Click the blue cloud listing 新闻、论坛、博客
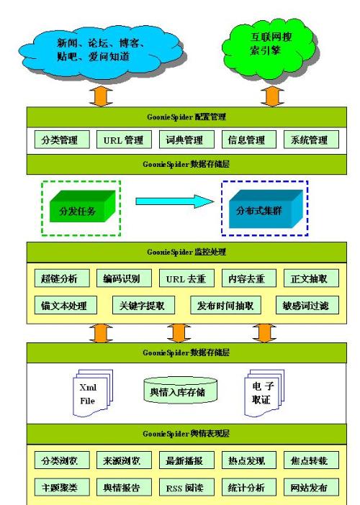102,52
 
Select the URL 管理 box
124,140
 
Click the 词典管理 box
186,140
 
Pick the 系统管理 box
311,140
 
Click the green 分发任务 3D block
82,206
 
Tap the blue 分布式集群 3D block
266,209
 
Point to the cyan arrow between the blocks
175,201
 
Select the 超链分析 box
62,278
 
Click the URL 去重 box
186,278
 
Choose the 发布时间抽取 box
225,305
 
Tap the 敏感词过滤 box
307,305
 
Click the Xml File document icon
93,393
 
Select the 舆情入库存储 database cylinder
180,391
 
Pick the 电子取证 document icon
264,393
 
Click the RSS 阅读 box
186,487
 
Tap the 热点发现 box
249,460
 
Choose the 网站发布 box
311,487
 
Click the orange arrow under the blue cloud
101,96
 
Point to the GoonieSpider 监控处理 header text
186,252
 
